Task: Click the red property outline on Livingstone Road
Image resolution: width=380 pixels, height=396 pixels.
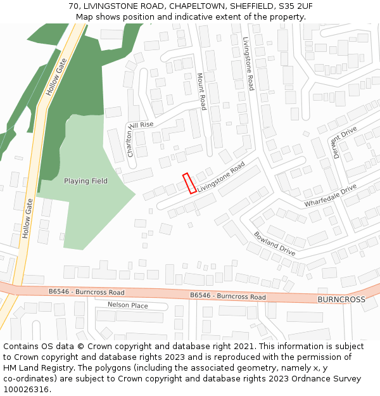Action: pyautogui.click(x=189, y=184)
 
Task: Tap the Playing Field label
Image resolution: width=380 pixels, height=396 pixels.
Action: pyautogui.click(x=85, y=181)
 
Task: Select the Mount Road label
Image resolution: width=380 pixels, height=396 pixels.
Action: pyautogui.click(x=201, y=91)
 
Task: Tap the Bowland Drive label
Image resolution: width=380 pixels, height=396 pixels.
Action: pyautogui.click(x=275, y=243)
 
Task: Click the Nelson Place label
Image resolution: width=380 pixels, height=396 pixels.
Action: pyautogui.click(x=127, y=305)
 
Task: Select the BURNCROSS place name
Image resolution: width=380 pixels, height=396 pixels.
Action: pyautogui.click(x=341, y=299)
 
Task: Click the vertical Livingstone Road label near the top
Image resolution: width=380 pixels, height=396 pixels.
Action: pyautogui.click(x=248, y=63)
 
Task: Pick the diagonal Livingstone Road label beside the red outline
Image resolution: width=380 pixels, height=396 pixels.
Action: pyautogui.click(x=220, y=177)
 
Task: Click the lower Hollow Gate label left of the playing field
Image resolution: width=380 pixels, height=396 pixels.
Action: pyautogui.click(x=27, y=218)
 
